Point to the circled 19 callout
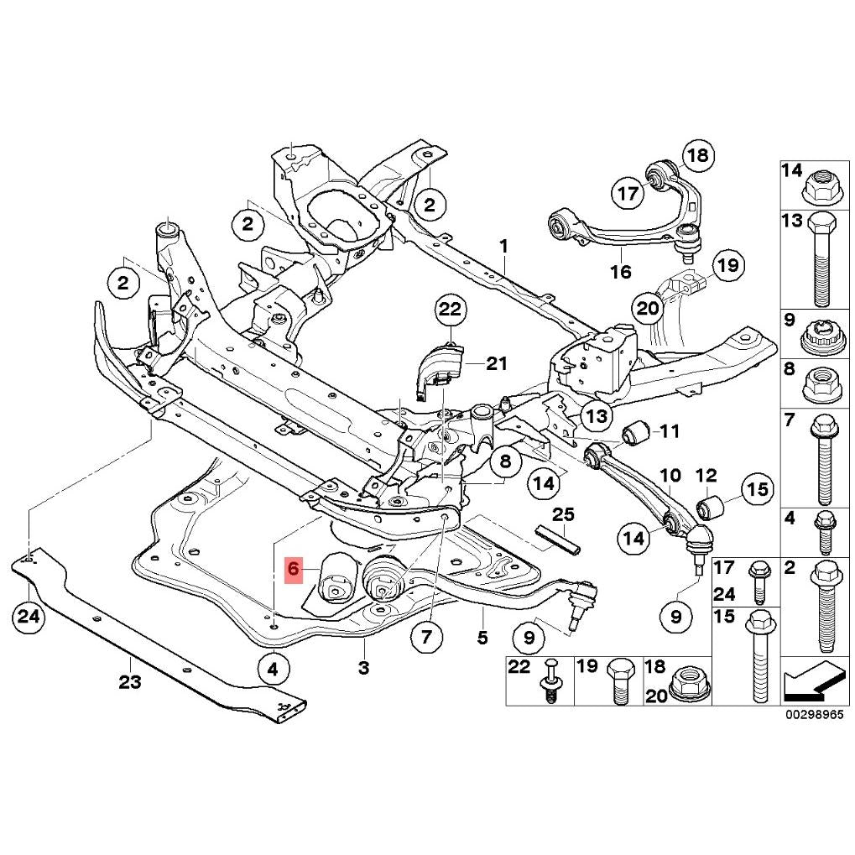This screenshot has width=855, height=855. pyautogui.click(x=727, y=267)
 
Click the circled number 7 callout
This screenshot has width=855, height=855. pyautogui.click(x=426, y=637)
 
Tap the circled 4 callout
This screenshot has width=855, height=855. pyautogui.click(x=273, y=669)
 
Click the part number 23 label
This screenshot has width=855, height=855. pyautogui.click(x=129, y=681)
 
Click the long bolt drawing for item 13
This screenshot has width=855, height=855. pyautogui.click(x=819, y=260)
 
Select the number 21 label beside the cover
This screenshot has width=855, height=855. pyautogui.click(x=497, y=363)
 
